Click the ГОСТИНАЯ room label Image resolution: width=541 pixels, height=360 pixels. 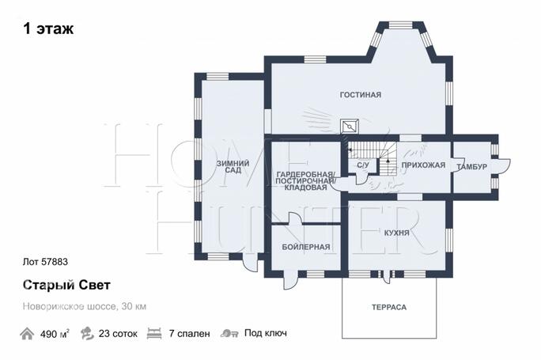(x=360, y=95)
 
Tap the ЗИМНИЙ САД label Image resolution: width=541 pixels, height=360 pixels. (x=233, y=167)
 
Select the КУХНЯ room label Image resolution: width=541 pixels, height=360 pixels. (x=397, y=233)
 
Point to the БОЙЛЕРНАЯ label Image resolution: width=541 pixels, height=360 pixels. (x=306, y=247)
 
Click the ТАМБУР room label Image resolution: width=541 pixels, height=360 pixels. (x=471, y=167)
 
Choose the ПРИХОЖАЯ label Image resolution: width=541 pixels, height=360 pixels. (x=423, y=165)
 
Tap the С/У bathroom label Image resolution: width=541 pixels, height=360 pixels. (x=362, y=165)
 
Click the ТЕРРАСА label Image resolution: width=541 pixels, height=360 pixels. (x=389, y=307)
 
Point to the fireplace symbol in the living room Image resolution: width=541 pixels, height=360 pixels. (x=350, y=127)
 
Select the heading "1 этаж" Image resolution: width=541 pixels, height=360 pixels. (x=48, y=28)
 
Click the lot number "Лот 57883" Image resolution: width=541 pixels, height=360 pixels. (x=45, y=262)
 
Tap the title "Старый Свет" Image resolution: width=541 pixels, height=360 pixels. (x=66, y=286)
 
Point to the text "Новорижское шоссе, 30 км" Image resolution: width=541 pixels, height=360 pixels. (x=85, y=306)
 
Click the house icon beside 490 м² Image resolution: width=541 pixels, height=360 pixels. (x=27, y=334)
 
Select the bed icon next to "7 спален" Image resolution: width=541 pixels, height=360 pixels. (x=154, y=334)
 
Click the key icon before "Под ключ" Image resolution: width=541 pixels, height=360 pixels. (x=229, y=333)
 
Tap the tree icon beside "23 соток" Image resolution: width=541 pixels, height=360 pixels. (x=87, y=333)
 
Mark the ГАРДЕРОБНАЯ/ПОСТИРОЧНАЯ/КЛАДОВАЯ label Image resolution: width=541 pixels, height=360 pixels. (x=305, y=181)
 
